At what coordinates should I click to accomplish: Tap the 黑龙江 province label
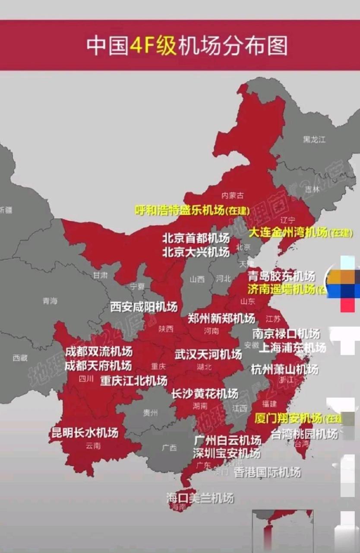314,139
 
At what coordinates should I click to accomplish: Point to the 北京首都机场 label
196,238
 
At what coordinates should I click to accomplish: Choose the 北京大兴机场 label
196,251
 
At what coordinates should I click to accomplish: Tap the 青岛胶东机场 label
281,276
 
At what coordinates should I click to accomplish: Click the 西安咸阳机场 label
144,307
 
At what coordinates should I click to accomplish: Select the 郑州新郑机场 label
221,319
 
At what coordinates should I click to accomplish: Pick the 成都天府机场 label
98,366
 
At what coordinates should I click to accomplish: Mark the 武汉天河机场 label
208,355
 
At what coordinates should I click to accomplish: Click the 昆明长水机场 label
85,432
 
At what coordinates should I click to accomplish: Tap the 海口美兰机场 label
200,498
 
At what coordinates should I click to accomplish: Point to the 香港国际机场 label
267,472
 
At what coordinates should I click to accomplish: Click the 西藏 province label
20,358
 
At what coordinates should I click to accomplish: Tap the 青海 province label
50,301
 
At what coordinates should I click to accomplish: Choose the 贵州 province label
150,413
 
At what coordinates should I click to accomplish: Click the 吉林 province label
312,189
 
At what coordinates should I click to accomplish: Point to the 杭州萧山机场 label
284,369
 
